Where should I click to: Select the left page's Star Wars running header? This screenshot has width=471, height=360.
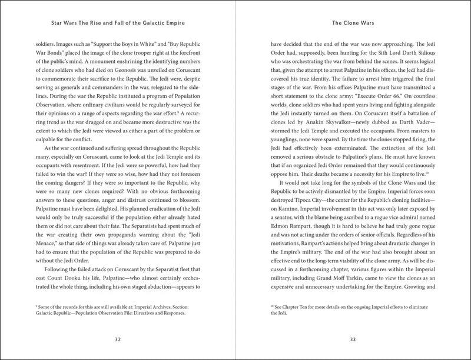click(117, 25)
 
